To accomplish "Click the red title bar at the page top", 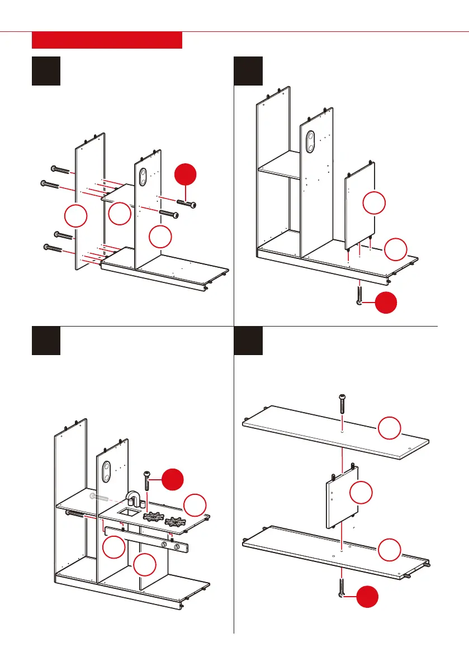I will (x=107, y=40).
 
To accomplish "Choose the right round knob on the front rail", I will (x=178, y=546).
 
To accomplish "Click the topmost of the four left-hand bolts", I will (x=59, y=169).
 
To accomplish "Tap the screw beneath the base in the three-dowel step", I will (x=358, y=295).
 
